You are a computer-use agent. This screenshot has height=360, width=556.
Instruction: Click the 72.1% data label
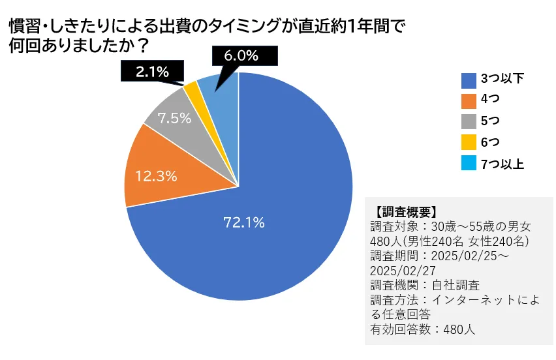244,222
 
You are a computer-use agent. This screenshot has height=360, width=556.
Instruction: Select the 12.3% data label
156,175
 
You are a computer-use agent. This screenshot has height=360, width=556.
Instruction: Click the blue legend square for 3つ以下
468,80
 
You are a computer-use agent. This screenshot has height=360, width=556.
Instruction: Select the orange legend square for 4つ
468,100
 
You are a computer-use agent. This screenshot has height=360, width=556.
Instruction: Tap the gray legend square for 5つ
468,122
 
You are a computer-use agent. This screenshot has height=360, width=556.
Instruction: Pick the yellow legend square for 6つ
468,143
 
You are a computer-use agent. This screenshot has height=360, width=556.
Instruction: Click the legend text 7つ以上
502,164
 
